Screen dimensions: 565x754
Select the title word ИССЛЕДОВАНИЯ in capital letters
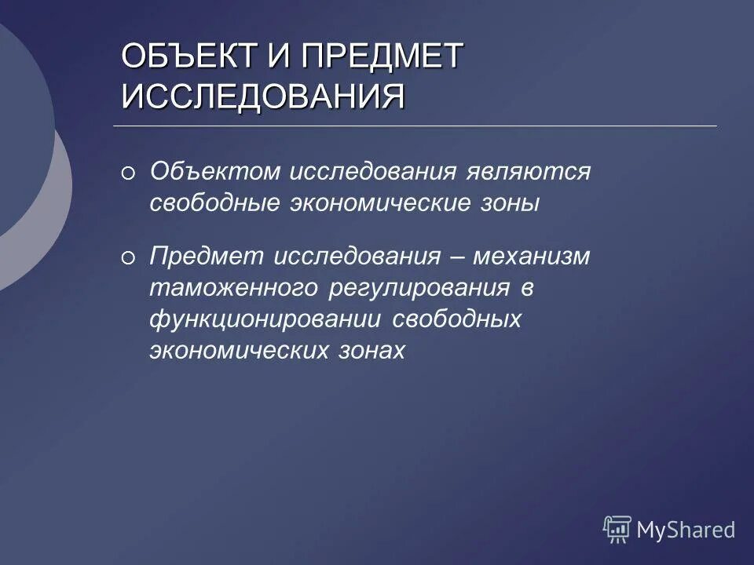click(264, 97)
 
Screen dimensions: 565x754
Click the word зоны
click(511, 203)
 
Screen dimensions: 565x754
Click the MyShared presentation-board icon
click(617, 530)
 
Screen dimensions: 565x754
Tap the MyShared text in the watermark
click(686, 530)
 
